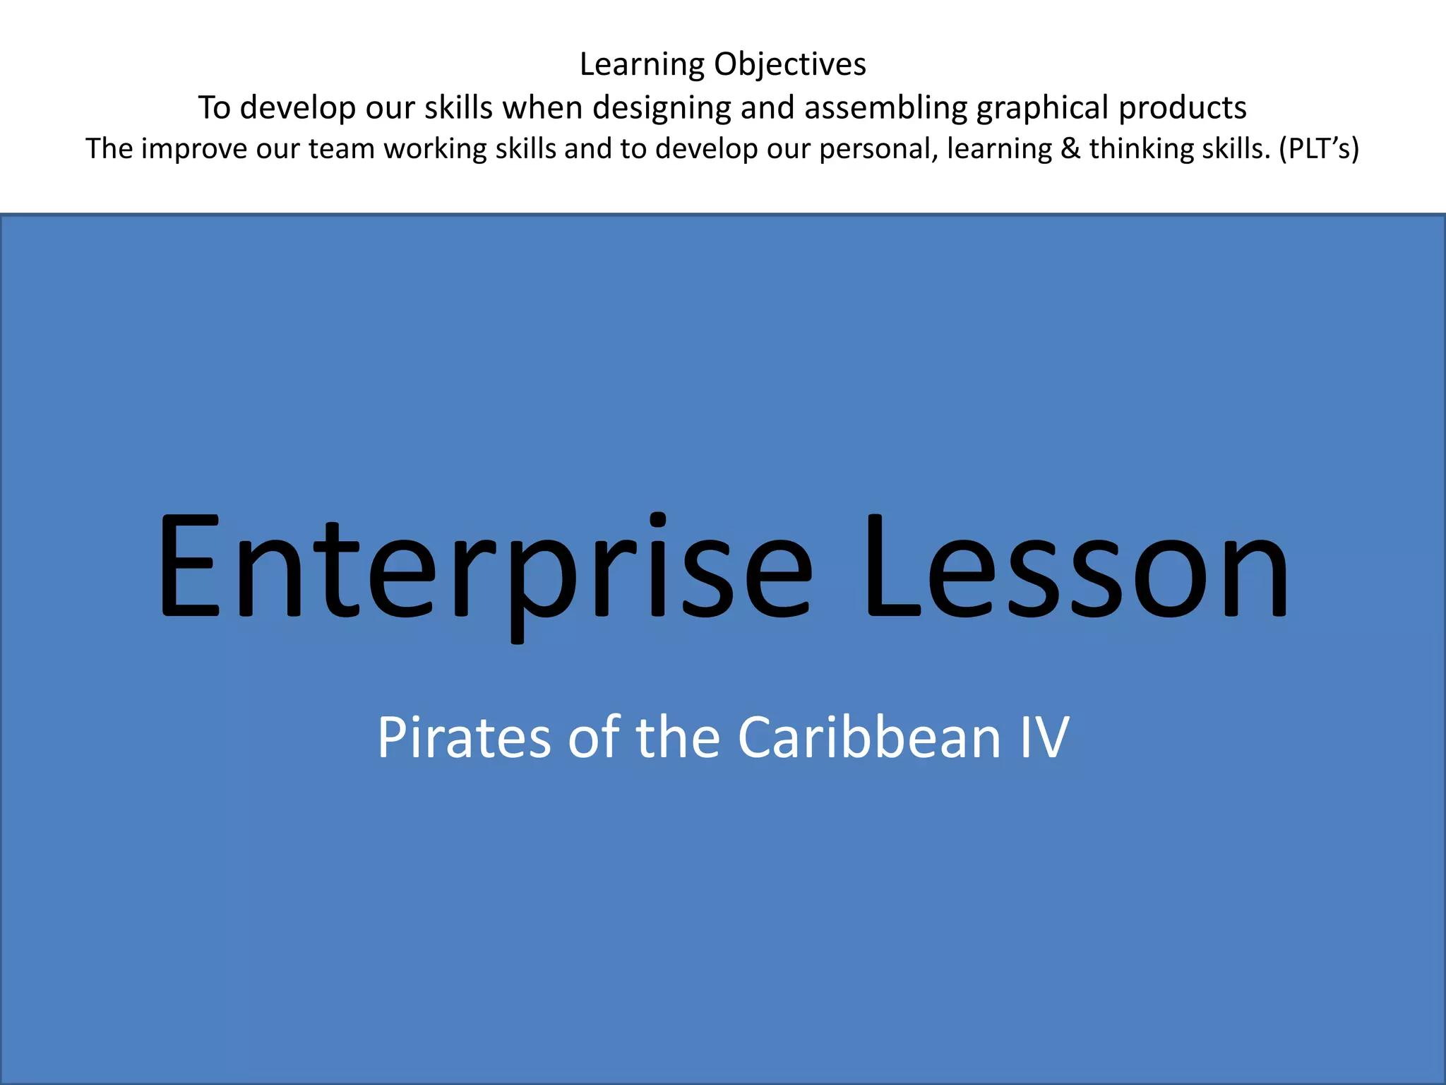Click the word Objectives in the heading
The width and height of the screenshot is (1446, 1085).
789,65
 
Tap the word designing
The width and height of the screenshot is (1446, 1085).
662,109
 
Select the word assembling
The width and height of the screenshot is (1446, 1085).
885,109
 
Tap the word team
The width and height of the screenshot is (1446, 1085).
342,149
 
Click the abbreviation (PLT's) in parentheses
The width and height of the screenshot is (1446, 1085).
1319,149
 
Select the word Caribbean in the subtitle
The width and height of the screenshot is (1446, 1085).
869,737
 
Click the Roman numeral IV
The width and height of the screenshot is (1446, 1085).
1044,737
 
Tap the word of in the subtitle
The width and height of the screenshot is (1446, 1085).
594,737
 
